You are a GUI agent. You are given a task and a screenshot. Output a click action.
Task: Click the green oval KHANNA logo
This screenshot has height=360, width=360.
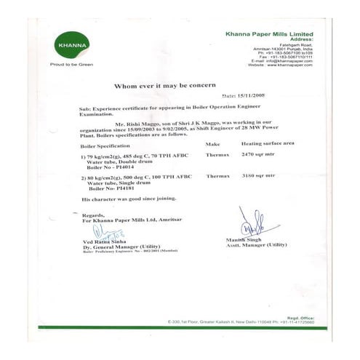point(65,47)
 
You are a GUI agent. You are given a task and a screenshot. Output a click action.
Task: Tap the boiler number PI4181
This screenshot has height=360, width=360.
point(124,187)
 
